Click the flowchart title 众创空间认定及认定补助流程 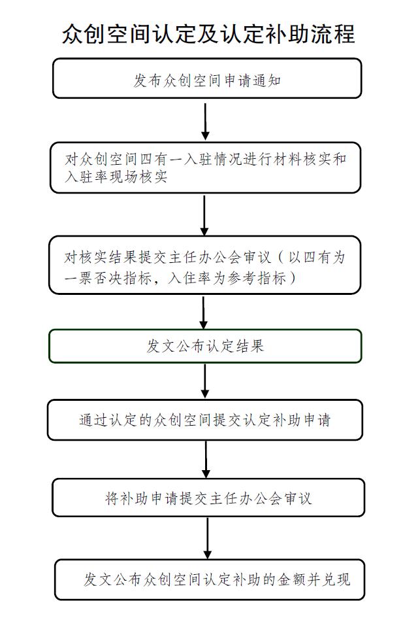tap(208, 33)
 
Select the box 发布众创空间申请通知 tap(207, 78)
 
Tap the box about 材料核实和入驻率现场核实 tap(205, 167)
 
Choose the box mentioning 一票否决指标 tap(205, 265)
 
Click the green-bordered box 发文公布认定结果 tap(205, 346)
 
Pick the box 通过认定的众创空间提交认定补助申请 tap(205, 420)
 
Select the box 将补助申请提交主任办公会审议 tap(208, 498)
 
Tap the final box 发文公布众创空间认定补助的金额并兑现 tap(210, 579)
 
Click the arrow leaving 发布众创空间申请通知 tap(205, 122)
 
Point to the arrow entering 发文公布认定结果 tap(204, 313)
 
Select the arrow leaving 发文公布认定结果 tap(205, 381)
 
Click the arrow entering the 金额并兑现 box tap(207, 538)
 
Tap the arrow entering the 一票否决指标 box tap(204, 216)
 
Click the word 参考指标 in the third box tap(256, 277)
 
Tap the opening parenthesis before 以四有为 tap(281, 257)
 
